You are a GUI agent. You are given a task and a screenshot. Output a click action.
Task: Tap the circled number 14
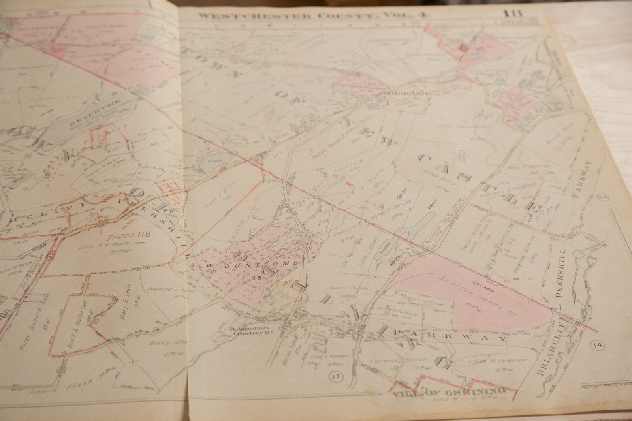[x=598, y=346]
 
